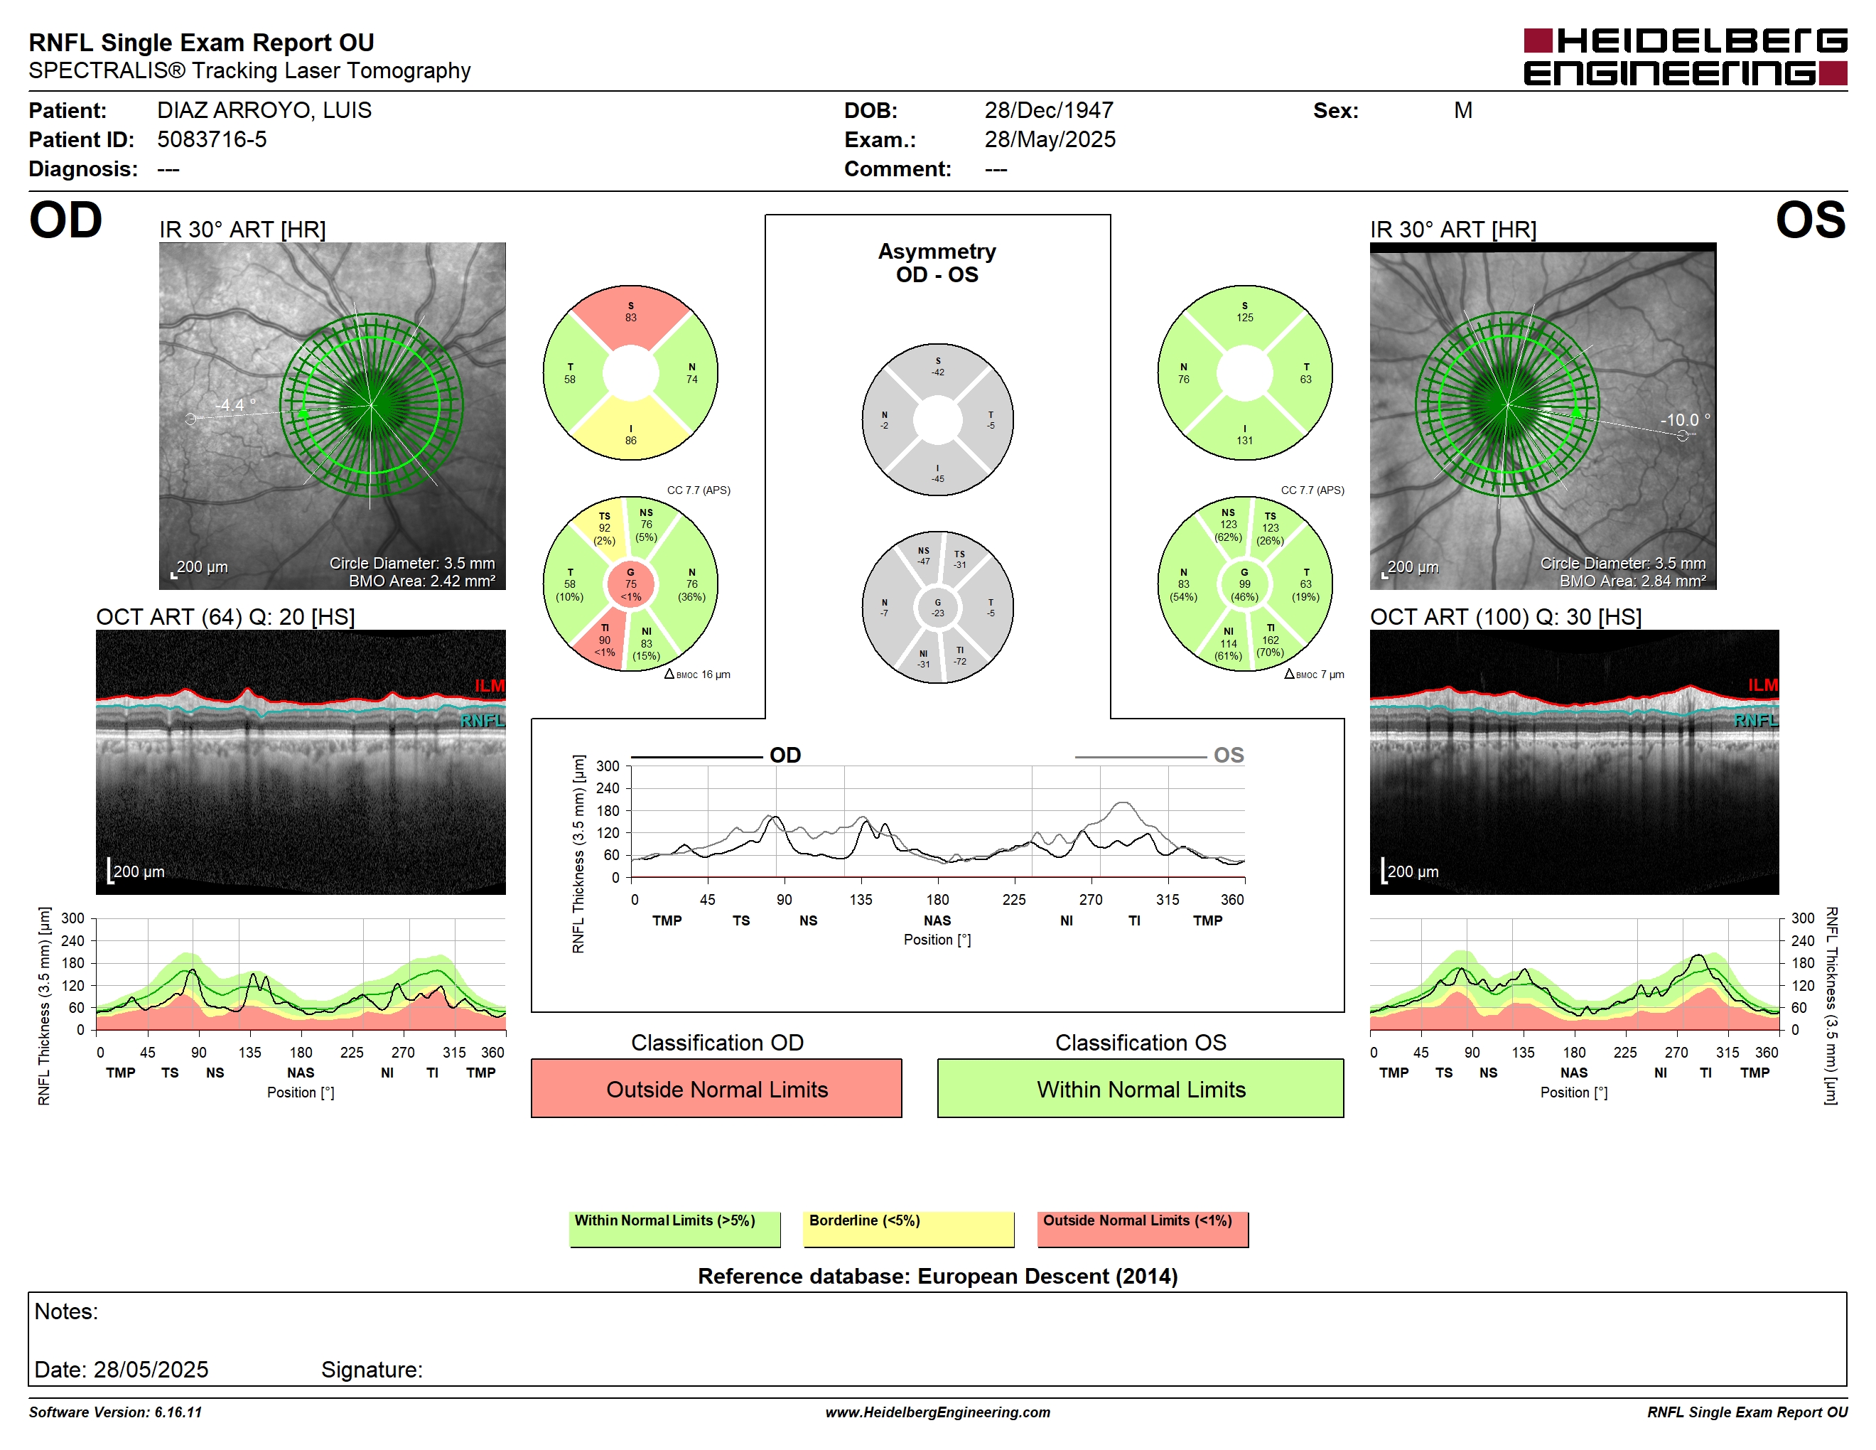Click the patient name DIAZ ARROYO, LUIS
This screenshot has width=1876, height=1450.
(264, 111)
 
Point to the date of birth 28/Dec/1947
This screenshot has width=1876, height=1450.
(1048, 111)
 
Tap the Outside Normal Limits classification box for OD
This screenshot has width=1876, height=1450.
(716, 1088)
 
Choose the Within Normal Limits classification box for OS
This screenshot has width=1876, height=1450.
(1140, 1088)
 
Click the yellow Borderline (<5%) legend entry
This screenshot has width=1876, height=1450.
(908, 1228)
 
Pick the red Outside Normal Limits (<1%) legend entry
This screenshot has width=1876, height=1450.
(1143, 1228)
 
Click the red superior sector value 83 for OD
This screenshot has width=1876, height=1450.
(630, 318)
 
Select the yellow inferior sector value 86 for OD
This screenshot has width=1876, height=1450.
(630, 441)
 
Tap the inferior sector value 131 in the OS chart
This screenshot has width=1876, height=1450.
(1245, 441)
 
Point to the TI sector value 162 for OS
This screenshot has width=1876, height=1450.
(1271, 640)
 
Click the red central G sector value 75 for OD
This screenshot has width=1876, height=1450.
(630, 584)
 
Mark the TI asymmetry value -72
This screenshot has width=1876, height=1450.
(959, 662)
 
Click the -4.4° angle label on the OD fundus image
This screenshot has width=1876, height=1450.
(234, 404)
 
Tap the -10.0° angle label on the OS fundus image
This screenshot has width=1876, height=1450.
(1684, 420)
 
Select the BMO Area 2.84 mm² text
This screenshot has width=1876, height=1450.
(1632, 581)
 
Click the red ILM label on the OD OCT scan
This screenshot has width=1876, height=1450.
(490, 685)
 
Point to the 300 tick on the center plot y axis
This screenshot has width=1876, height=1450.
(608, 766)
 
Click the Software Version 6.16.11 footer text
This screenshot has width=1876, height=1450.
(115, 1412)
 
